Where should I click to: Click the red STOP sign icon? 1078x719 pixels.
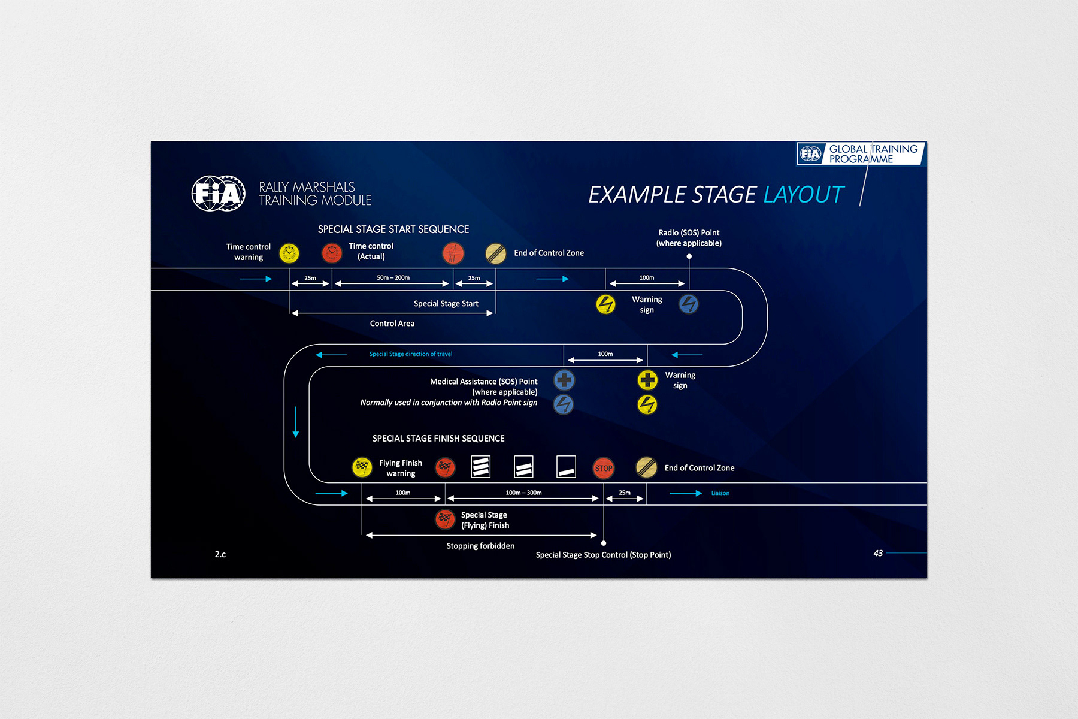pos(604,468)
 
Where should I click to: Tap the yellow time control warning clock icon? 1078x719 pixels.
pos(289,253)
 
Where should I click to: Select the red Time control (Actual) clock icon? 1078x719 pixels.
pos(331,253)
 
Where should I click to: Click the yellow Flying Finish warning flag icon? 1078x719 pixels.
pos(362,467)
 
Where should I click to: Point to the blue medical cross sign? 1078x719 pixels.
pos(564,380)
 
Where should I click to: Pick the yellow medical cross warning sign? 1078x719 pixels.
pos(647,380)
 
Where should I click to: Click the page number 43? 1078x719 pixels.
pos(878,553)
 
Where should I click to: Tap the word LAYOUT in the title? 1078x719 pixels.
pos(803,195)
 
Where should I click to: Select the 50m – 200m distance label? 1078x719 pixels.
pos(393,277)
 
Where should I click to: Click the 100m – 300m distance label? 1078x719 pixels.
pos(523,493)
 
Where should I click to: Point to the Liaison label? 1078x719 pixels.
pos(720,493)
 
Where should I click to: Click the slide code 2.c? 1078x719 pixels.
pos(220,554)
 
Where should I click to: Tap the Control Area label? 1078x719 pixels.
pos(392,324)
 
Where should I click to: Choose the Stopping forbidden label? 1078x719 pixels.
pos(480,546)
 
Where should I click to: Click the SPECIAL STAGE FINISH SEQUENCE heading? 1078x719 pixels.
pos(438,439)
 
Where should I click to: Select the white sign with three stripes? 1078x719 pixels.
pos(480,467)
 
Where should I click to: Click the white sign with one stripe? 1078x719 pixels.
pos(566,467)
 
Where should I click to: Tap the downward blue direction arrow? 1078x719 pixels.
pos(296,422)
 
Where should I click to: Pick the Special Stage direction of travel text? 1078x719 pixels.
pos(411,354)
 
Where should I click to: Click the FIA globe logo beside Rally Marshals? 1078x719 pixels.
pos(218,194)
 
